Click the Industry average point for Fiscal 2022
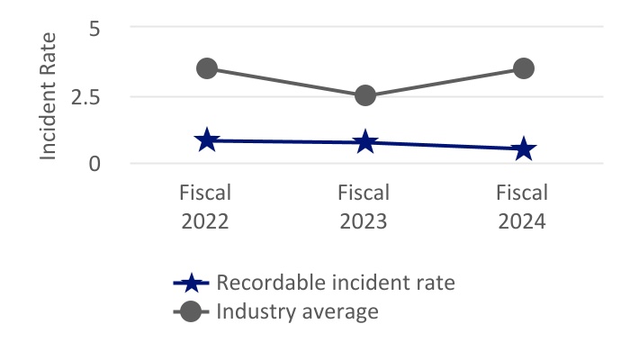tap(207, 68)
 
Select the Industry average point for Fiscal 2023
tap(364, 94)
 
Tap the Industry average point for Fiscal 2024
tap(524, 68)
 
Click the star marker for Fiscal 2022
tap(207, 140)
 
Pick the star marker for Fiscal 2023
tap(364, 142)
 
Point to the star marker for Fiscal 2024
tap(524, 149)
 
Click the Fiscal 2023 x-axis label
tap(364, 206)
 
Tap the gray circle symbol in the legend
tap(191, 312)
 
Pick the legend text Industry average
tap(297, 312)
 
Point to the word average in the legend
tap(339, 313)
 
